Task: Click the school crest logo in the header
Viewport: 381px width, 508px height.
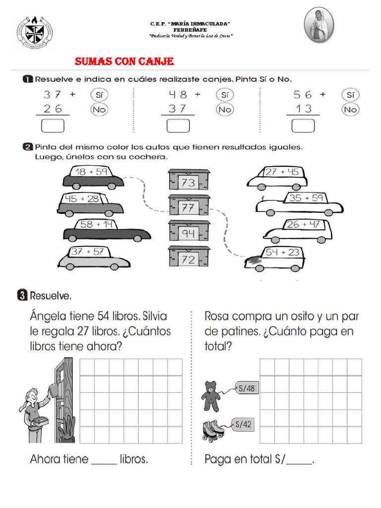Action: click(34, 32)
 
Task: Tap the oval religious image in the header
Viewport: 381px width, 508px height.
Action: click(318, 25)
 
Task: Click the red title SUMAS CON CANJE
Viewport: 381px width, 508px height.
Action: click(124, 62)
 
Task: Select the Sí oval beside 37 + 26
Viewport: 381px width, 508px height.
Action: click(99, 94)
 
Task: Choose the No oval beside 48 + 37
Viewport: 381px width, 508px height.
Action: click(225, 109)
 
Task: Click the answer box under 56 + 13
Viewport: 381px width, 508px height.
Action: click(303, 126)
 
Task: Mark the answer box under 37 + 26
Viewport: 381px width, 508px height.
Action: click(53, 126)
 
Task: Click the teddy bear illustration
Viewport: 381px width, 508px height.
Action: click(211, 395)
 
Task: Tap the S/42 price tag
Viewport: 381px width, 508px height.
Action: click(244, 424)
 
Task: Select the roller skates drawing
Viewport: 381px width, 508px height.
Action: click(212, 430)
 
